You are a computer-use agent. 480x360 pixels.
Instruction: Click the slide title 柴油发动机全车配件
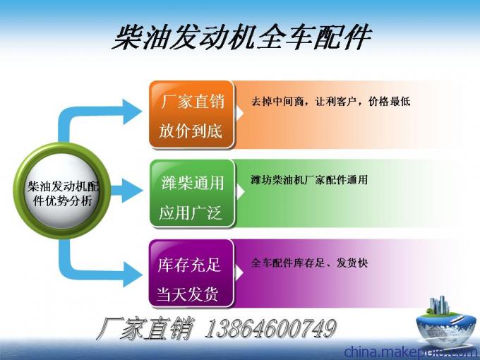[242, 37]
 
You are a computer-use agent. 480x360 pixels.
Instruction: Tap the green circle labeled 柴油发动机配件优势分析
[62, 191]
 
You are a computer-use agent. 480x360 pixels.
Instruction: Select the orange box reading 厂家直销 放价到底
[191, 115]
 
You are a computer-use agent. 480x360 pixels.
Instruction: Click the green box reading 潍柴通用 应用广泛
[192, 194]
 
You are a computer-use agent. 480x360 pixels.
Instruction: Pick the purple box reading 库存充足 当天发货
[191, 273]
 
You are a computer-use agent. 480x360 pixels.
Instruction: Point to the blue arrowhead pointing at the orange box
[131, 112]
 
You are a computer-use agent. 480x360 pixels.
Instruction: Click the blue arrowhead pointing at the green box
[132, 191]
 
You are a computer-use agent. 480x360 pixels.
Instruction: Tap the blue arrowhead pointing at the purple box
[131, 275]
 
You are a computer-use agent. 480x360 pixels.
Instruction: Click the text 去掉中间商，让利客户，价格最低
[330, 102]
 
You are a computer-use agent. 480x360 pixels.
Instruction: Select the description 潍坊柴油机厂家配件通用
[309, 180]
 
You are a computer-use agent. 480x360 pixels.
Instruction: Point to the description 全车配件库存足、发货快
[309, 263]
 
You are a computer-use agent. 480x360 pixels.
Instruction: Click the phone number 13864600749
[270, 329]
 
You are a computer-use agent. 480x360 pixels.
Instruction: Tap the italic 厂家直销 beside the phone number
[145, 329]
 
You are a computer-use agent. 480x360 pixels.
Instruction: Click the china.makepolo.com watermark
[412, 352]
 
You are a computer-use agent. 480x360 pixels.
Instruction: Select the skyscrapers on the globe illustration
[439, 305]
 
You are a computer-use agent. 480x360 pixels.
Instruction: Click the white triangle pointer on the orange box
[240, 113]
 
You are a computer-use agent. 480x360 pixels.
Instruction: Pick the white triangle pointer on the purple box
[240, 273]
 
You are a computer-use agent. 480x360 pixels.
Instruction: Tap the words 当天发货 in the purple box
[187, 294]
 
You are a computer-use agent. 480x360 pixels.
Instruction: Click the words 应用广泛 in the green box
[190, 212]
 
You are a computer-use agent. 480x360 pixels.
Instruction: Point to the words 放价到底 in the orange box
[191, 131]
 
